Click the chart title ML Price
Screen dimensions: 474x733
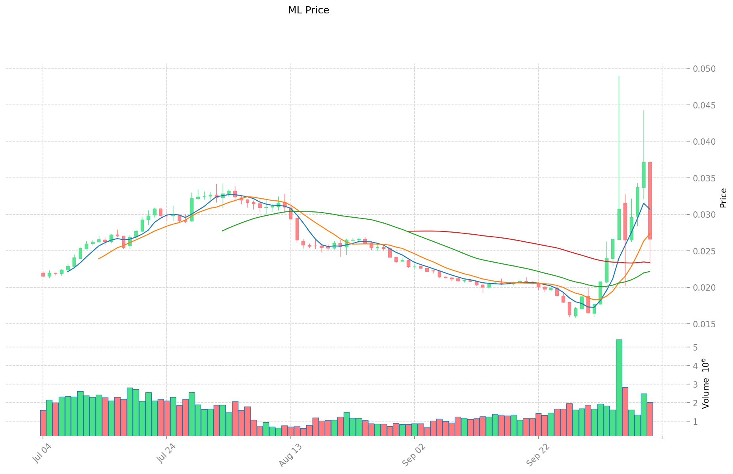[308, 10]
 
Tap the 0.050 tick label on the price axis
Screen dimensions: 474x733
[704, 69]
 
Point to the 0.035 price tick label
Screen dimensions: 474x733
[704, 178]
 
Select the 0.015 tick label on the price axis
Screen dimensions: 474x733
[704, 324]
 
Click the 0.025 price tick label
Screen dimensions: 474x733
[704, 251]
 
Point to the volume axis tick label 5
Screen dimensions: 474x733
[695, 347]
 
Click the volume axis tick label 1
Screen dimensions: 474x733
[695, 422]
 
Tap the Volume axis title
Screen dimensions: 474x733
[706, 383]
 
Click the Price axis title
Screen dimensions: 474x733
[723, 198]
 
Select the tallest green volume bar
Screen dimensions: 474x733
[619, 388]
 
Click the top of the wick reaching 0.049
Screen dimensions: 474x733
[619, 76]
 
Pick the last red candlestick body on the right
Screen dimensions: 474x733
[650, 200]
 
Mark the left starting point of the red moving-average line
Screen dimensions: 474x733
[408, 231]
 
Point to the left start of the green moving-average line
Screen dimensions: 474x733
[223, 231]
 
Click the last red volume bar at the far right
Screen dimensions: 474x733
[650, 419]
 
